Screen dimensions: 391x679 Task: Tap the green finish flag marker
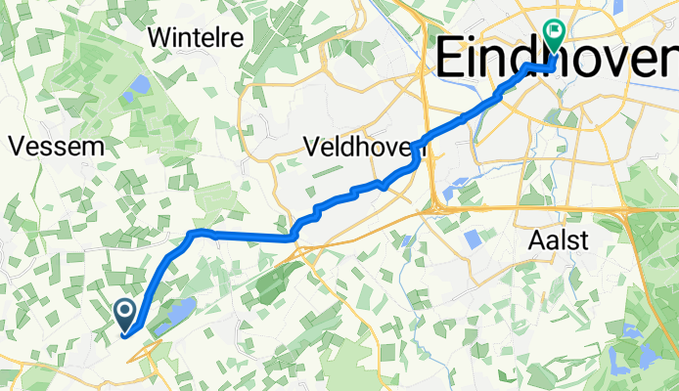pyautogui.click(x=555, y=36)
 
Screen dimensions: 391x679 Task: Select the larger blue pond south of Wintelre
pyautogui.click(x=140, y=84)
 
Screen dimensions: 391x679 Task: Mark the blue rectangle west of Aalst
pyautogui.click(x=473, y=238)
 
